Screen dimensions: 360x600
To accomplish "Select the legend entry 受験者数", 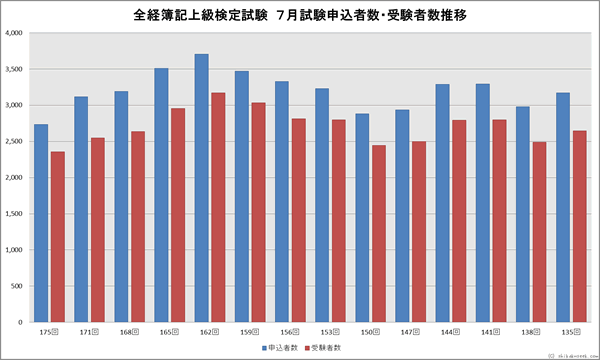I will click(326, 347).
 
